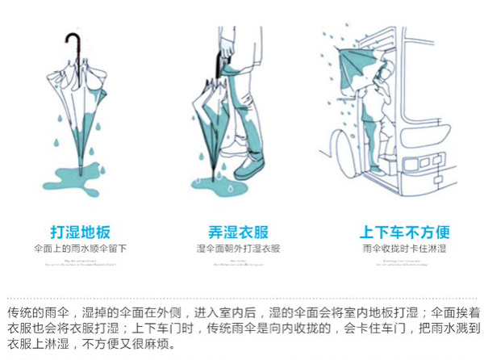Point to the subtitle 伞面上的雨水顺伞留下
coord(80,249)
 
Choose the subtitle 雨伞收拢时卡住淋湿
coord(404,249)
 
